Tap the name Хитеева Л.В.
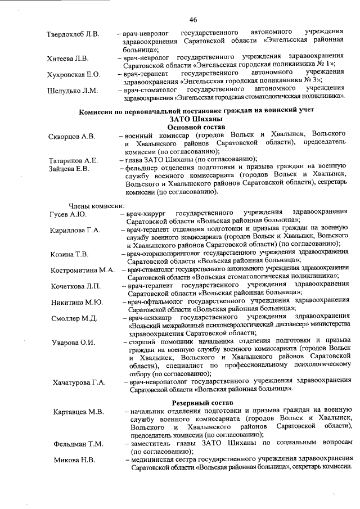coord(67,58)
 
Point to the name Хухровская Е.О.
coord(73,74)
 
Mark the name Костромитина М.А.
coord(83,270)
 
